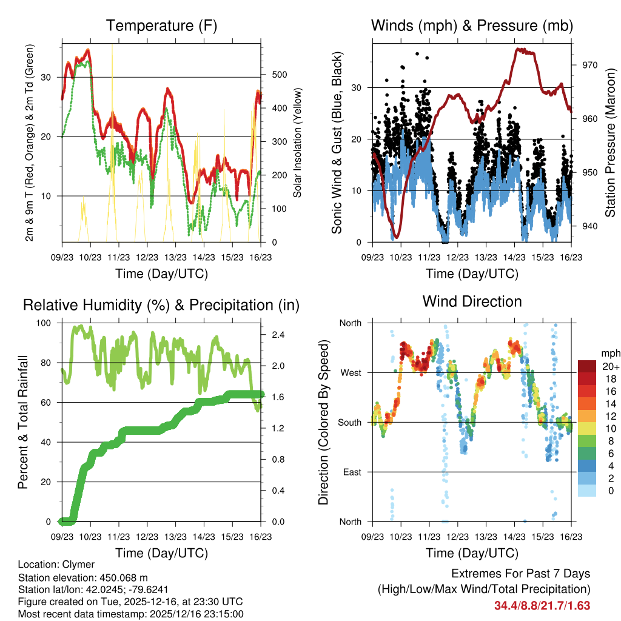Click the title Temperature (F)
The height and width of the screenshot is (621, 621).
pos(161,25)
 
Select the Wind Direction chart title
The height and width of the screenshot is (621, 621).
pos(472,301)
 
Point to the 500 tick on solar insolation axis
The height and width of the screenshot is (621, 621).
pos(278,75)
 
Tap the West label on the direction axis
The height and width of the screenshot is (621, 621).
pos(350,372)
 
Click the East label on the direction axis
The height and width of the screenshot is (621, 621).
pos(352,472)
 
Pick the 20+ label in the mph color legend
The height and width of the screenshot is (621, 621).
pos(609,366)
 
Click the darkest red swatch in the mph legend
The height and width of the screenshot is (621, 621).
pos(586,366)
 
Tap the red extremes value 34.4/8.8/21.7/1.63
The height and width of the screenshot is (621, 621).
pos(542,605)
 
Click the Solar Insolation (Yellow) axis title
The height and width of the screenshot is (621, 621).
pos(298,143)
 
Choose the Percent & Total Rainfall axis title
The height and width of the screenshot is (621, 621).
pos(22,423)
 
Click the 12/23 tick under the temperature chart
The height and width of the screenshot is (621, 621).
pos(147,256)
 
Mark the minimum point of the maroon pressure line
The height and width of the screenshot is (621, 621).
pos(396,237)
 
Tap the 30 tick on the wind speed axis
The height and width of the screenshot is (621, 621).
pos(358,88)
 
